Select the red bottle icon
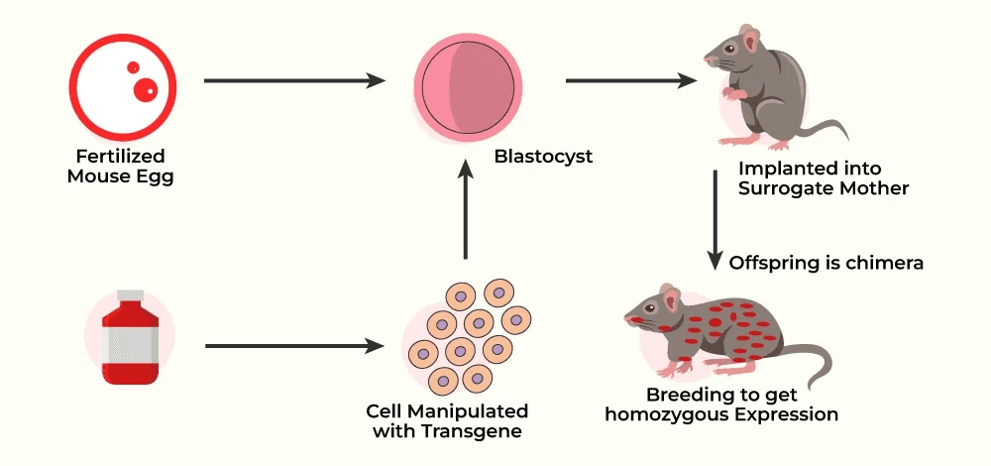pos(129,338)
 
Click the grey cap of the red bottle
pos(129,296)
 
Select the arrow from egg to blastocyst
pos(293,80)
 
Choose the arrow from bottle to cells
pos(293,346)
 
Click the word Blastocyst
pos(543,156)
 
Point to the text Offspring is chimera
pos(826,263)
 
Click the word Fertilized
pos(120,157)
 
